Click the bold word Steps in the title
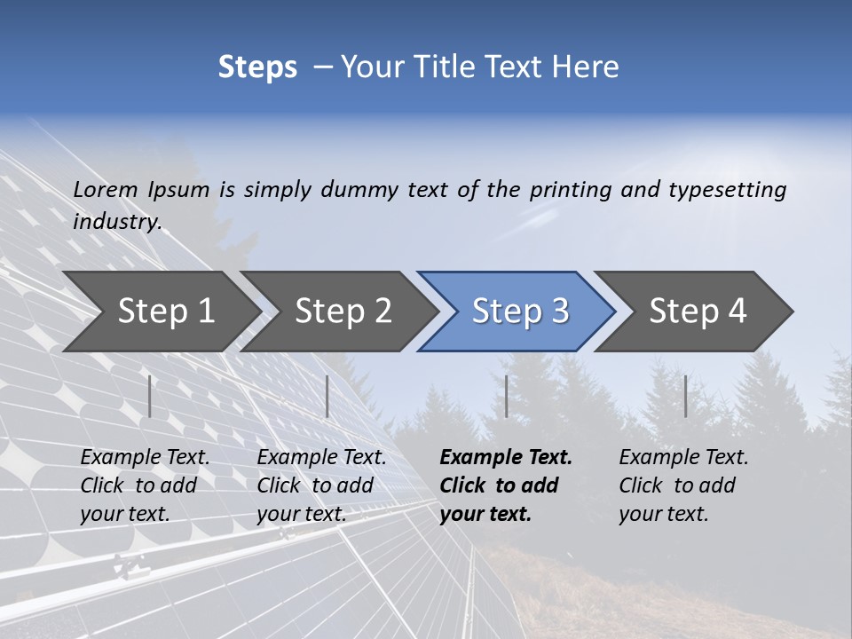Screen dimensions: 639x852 click(x=257, y=67)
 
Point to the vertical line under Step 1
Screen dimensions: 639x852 click(x=150, y=396)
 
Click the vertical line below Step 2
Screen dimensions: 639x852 click(x=327, y=396)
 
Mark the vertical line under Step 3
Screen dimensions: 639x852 click(x=506, y=396)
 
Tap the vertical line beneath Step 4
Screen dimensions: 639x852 click(x=685, y=396)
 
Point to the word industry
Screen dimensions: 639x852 click(x=117, y=222)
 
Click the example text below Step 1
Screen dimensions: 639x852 click(x=145, y=485)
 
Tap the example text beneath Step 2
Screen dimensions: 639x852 click(x=321, y=485)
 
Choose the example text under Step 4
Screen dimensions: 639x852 click(x=683, y=485)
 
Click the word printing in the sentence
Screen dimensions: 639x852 click(x=571, y=189)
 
